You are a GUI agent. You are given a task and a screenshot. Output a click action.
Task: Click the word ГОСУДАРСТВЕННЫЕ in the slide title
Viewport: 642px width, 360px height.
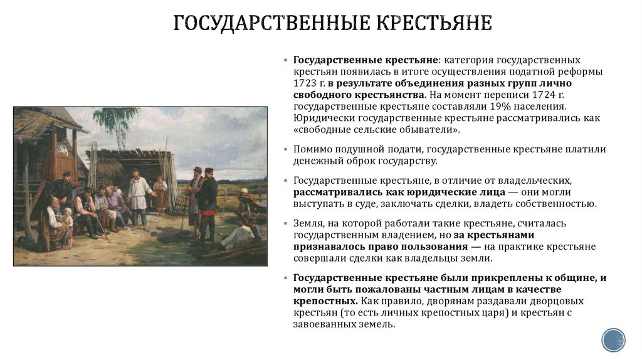click(271, 24)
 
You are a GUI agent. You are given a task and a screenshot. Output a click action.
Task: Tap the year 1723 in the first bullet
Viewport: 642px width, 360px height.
click(305, 83)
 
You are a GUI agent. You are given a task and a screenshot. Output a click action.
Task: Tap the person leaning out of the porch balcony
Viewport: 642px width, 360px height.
click(63, 148)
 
